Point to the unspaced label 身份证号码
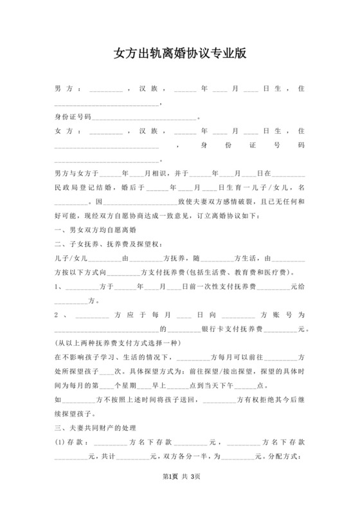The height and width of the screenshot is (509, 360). pyautogui.click(x=73, y=117)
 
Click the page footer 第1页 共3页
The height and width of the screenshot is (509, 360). pyautogui.click(x=180, y=494)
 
